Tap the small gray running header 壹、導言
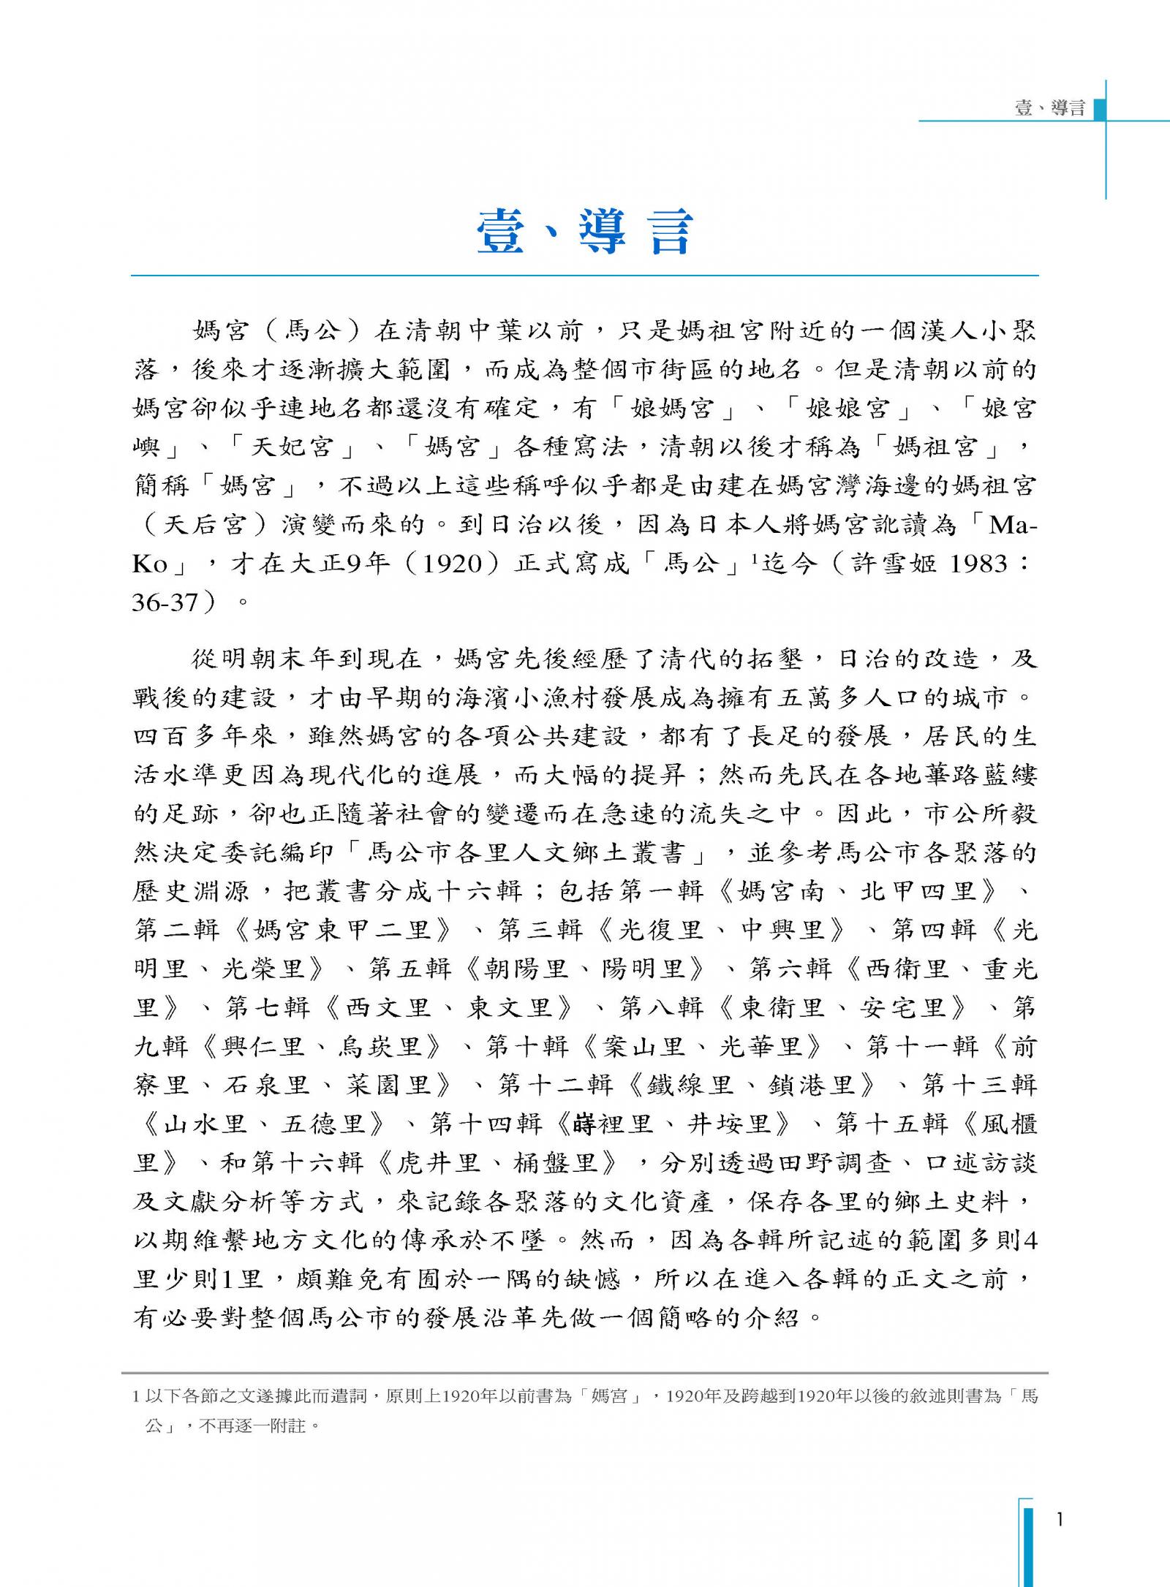click(1049, 108)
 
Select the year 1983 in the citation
click(979, 564)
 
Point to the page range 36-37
click(165, 602)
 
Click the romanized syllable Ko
click(150, 564)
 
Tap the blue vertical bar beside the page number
click(1028, 1542)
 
